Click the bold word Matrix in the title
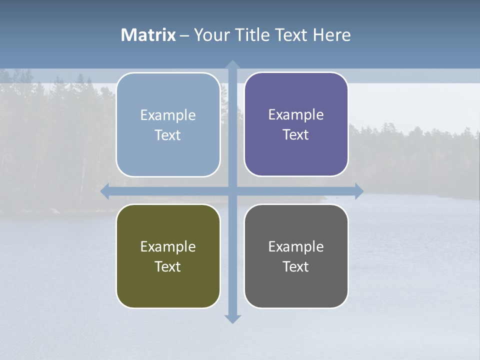tap(148, 35)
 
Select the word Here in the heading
tap(332, 35)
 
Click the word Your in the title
tap(211, 35)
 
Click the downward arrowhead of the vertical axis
tap(232, 318)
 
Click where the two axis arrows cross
tap(232, 191)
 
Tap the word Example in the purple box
tap(296, 114)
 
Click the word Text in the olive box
tap(168, 266)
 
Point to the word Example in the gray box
tap(296, 246)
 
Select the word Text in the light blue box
tap(168, 135)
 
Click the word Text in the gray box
tap(296, 266)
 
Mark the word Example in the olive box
tap(168, 246)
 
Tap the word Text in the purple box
tap(296, 134)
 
